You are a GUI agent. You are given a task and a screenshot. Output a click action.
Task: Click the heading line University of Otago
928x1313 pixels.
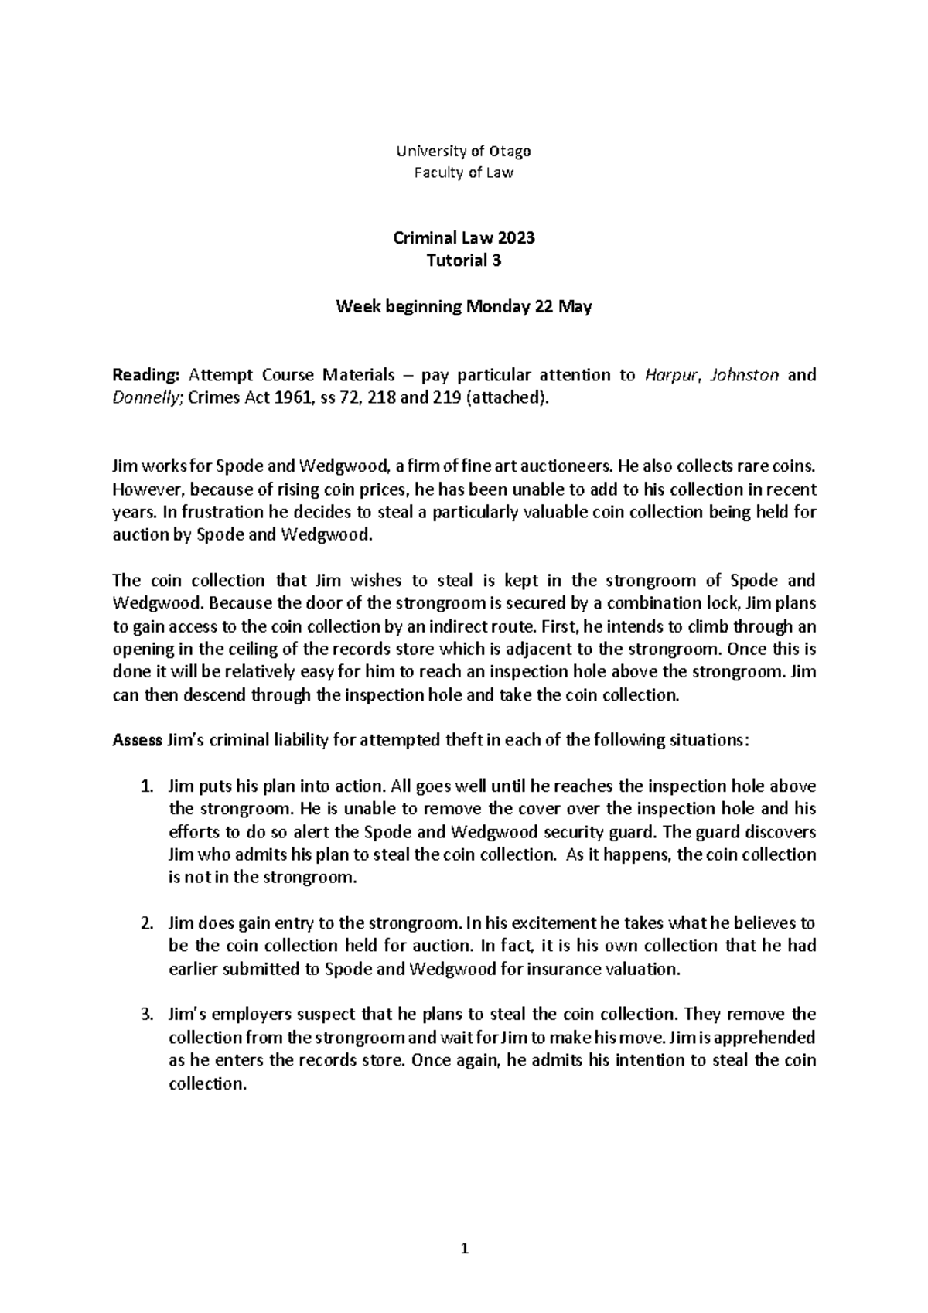pos(464,151)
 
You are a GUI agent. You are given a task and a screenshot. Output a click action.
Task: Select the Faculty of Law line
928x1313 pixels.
pos(464,173)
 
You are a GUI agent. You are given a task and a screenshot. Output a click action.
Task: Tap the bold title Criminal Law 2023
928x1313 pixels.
pos(464,238)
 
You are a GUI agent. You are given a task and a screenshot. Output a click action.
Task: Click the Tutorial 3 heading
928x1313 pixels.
pos(464,261)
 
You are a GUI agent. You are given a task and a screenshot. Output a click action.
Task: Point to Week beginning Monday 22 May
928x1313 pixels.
pos(464,307)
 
